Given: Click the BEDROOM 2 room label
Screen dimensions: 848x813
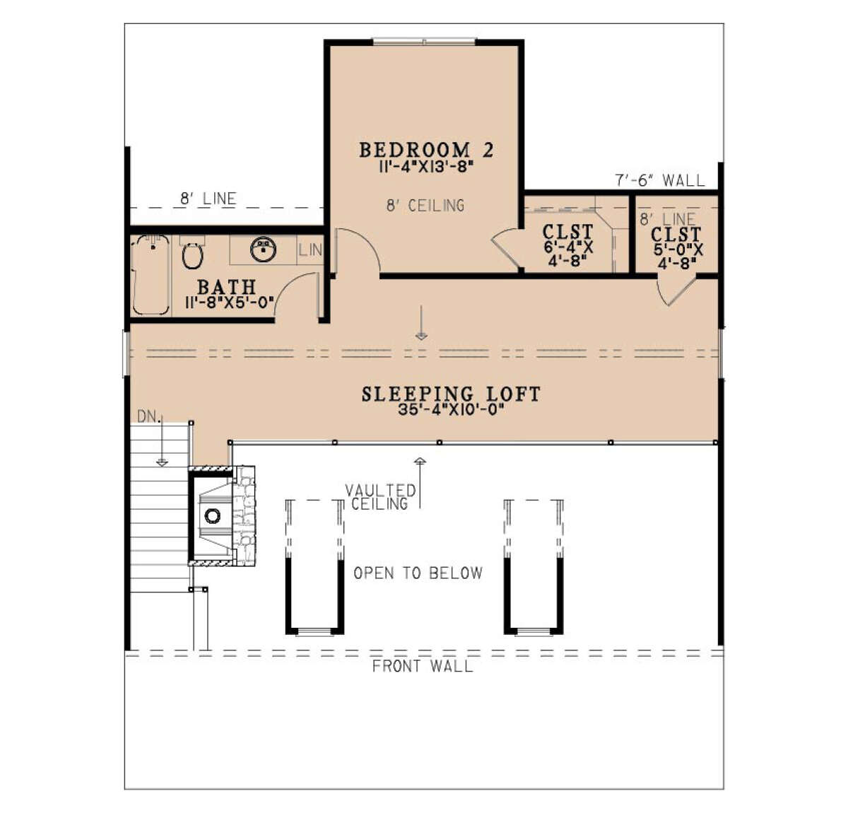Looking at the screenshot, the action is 426,150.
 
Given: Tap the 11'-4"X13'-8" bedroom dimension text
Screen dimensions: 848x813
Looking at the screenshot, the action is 425,167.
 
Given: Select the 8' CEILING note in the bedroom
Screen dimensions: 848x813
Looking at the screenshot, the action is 425,205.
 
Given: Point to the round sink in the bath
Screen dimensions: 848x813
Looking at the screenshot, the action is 263,250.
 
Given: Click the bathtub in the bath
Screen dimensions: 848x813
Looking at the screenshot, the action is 151,274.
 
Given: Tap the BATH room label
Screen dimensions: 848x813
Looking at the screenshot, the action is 227,287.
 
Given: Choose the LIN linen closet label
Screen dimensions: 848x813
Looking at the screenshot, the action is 310,250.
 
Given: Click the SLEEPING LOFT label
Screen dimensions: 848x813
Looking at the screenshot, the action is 451,394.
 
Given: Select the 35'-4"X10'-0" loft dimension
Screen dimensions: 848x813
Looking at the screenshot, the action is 451,410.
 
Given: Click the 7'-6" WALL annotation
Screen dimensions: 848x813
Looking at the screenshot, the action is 660,180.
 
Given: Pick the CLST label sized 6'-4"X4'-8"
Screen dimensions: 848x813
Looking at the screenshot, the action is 567,232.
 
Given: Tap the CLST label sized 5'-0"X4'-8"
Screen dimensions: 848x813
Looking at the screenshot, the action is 676,235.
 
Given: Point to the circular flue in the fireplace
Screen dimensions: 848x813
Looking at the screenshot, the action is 213,515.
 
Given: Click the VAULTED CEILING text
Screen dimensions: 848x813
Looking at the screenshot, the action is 380,497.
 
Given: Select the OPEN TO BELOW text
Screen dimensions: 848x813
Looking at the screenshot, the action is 418,573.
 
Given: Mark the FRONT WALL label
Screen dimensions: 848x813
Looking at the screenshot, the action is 423,667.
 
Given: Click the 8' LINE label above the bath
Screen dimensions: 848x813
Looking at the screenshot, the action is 208,199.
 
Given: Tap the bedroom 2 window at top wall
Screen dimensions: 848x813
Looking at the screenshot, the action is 425,42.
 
